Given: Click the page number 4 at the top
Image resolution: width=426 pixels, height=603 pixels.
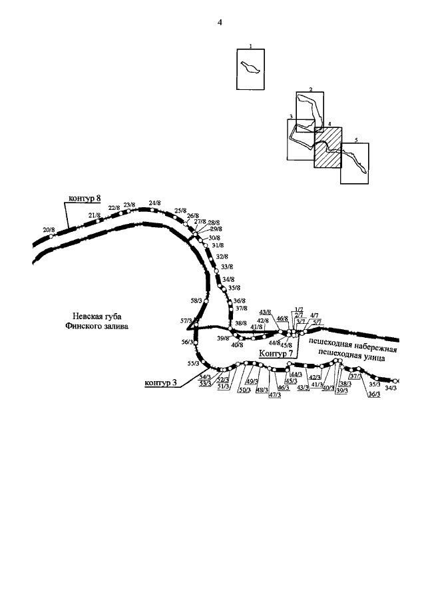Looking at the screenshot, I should (219, 23).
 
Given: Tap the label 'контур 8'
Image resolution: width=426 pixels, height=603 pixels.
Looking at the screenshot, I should (85, 198).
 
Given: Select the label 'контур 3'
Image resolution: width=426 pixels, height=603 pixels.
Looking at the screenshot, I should (161, 383).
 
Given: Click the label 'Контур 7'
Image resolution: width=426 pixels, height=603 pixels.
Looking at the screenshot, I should (275, 352).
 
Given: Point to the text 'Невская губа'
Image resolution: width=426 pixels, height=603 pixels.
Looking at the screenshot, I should (99, 316).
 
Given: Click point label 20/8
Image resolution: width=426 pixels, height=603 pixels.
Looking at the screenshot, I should (48, 230).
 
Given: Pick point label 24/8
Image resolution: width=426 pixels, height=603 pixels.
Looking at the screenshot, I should (155, 203).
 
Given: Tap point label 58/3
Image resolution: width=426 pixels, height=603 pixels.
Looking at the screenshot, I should (196, 301).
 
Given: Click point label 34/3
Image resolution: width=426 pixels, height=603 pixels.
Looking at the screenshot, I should (391, 388).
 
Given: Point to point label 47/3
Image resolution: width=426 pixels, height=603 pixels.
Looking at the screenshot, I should (274, 394).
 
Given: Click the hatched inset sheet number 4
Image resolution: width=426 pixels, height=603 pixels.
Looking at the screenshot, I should (327, 147).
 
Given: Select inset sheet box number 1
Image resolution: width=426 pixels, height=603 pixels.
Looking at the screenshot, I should (250, 69).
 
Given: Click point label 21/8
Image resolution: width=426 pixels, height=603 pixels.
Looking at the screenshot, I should (94, 215).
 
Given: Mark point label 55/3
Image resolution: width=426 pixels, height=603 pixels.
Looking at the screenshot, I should (193, 363).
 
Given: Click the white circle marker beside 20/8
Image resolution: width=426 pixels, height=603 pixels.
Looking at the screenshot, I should (51, 237).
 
